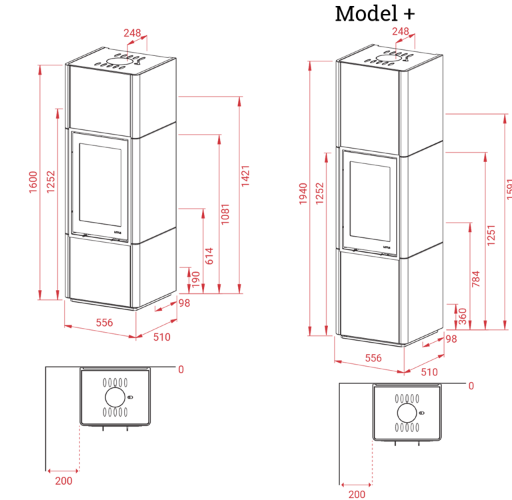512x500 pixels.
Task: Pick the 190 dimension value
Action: [x=195, y=281]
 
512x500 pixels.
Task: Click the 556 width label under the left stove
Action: [x=103, y=322]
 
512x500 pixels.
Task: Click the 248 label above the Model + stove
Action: [x=401, y=31]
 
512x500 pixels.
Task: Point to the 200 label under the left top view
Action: [x=64, y=481]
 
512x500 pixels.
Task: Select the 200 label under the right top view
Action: [x=357, y=495]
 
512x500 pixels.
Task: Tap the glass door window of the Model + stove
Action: [x=371, y=199]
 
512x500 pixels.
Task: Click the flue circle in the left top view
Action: [x=115, y=397]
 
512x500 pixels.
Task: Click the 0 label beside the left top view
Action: [x=181, y=369]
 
